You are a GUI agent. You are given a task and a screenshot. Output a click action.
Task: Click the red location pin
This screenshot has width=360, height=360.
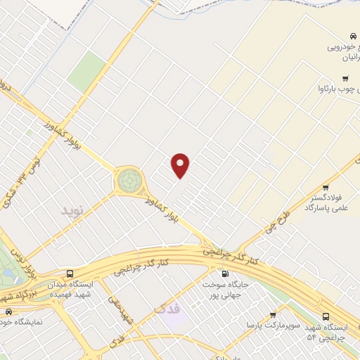(181, 165)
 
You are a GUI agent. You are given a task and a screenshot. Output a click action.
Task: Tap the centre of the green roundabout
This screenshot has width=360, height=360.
(129, 181)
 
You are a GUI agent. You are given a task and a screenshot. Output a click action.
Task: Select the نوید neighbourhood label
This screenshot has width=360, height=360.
(72, 210)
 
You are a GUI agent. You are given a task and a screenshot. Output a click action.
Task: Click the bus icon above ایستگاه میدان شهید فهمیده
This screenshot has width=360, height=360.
(70, 273)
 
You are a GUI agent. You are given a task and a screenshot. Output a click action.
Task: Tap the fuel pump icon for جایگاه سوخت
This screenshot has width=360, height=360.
(225, 274)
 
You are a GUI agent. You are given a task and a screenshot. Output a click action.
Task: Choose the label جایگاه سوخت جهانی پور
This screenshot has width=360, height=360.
(225, 290)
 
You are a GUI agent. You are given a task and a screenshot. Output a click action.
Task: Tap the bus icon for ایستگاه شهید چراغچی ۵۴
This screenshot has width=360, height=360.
(326, 316)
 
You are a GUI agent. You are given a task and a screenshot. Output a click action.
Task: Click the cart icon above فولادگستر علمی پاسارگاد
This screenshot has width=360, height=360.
(326, 187)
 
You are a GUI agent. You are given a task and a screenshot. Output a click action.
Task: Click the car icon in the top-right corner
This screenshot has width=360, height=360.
(351, 37)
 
